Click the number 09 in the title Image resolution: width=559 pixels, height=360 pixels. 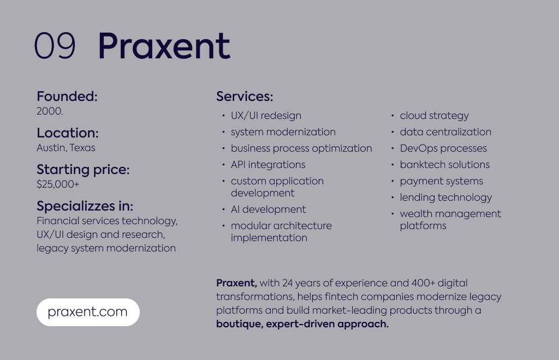[x=55, y=46]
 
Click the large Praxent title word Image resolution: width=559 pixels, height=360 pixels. [x=164, y=46]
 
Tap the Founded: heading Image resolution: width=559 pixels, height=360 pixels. [x=67, y=97]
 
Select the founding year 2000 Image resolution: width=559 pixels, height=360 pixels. [x=50, y=111]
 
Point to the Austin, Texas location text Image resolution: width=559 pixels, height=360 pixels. [x=66, y=148]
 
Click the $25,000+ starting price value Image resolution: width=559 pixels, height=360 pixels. [x=58, y=184]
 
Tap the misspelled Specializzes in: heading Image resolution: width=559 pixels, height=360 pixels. [x=85, y=206]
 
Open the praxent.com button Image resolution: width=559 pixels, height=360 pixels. [x=88, y=313]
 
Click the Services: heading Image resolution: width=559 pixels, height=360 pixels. [x=245, y=97]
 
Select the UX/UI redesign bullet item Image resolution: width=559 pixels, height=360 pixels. [x=266, y=116]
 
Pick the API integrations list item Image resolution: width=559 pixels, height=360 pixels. [x=268, y=165]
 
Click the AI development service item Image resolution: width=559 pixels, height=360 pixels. [x=268, y=209]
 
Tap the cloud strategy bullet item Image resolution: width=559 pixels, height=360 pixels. [x=434, y=116]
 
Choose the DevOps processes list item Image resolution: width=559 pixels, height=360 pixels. [x=443, y=148]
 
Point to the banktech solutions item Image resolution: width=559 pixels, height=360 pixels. [x=444, y=165]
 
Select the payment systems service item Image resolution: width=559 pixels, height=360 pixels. [x=441, y=181]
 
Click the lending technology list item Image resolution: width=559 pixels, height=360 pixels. [x=445, y=197]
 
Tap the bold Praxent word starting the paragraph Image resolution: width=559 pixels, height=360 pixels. [x=236, y=283]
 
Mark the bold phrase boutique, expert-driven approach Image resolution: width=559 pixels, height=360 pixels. [x=302, y=324]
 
